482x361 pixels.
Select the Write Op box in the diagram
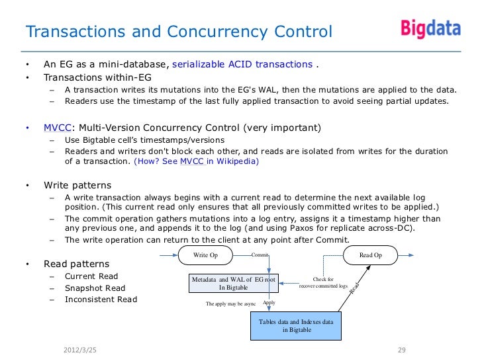coord(205,255)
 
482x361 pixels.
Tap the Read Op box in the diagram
coord(370,255)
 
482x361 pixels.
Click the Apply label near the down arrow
coord(269,302)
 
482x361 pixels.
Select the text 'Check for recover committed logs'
coord(323,283)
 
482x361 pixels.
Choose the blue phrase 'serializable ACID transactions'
coord(242,64)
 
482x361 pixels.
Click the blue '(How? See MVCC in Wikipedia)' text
coord(197,161)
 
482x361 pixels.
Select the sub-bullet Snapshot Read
coord(95,288)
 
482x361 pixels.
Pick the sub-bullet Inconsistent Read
coord(101,300)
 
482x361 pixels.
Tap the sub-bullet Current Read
coord(91,276)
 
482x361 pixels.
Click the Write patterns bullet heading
coord(77,184)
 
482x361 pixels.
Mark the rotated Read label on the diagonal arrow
coord(354,288)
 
